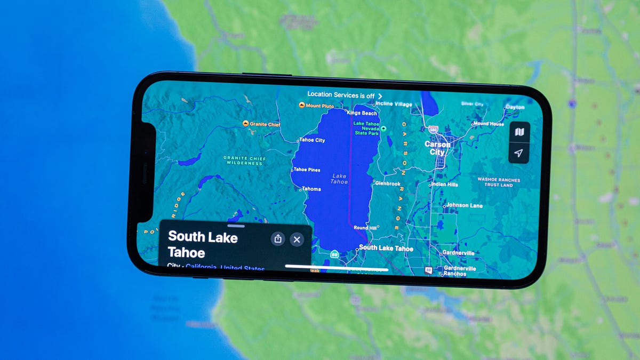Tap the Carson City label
point(437,148)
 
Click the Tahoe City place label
point(312,140)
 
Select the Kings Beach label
point(362,113)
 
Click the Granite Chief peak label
point(265,124)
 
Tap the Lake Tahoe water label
point(339,179)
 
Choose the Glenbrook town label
point(388,183)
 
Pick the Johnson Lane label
point(464,205)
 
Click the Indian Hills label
point(444,185)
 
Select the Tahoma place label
point(311,189)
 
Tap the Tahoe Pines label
point(307,170)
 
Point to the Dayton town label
point(515,107)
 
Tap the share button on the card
point(277,239)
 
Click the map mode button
point(519,132)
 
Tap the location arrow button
point(518,153)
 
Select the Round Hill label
point(365,228)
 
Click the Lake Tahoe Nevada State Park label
point(366,128)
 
